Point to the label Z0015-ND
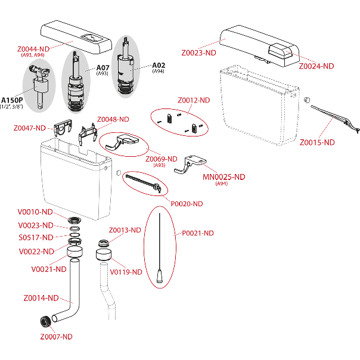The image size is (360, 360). [317, 142]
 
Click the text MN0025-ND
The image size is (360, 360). [223, 177]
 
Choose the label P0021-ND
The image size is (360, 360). [197, 233]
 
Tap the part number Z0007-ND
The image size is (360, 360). [56, 337]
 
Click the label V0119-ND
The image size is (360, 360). [126, 272]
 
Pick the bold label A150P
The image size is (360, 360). [13, 100]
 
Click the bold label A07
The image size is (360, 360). [103, 68]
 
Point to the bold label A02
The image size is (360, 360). [159, 65]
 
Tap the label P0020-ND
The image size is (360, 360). [187, 204]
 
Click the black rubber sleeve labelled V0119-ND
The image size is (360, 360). [105, 257]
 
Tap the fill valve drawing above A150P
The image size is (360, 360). [39, 86]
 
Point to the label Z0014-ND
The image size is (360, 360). [41, 297]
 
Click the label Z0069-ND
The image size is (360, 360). [162, 159]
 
